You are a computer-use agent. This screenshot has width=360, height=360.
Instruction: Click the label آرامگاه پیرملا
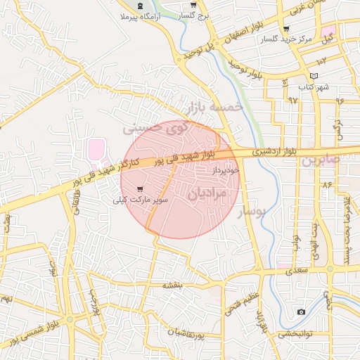(136, 15)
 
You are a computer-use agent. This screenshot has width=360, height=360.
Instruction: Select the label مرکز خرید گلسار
(287, 40)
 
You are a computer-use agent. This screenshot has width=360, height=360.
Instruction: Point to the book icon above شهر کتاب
(314, 76)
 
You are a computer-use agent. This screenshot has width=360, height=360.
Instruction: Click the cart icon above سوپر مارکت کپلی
(140, 188)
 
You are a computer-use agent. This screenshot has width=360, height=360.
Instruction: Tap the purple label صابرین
(322, 160)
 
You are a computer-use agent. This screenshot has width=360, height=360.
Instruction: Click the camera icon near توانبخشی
(302, 311)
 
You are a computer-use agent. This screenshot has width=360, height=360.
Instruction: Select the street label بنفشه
(173, 285)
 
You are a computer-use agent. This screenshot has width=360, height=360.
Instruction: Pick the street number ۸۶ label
(326, 184)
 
